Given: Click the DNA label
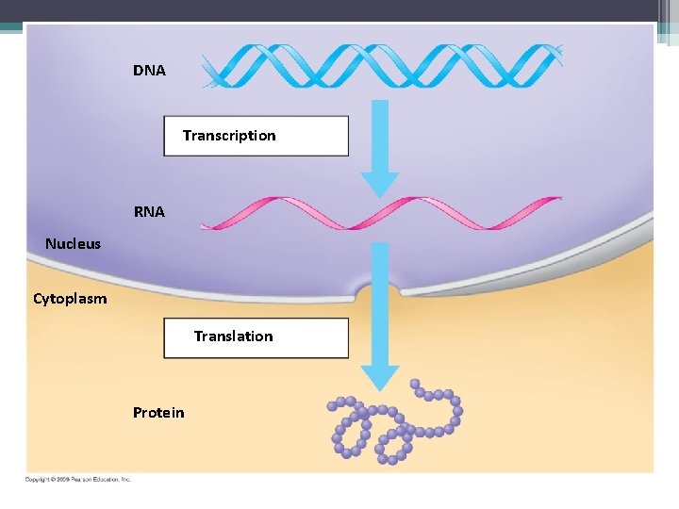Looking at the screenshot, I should [x=149, y=71].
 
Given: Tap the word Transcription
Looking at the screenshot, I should [x=229, y=136].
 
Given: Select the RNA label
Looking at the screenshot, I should [x=149, y=212].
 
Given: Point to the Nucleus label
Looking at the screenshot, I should [x=73, y=244].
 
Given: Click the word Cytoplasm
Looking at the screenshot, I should [x=70, y=299].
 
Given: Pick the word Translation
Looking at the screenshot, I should [x=233, y=337].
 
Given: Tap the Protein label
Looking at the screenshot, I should [x=158, y=413].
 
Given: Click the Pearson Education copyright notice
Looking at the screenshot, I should [x=77, y=479].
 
